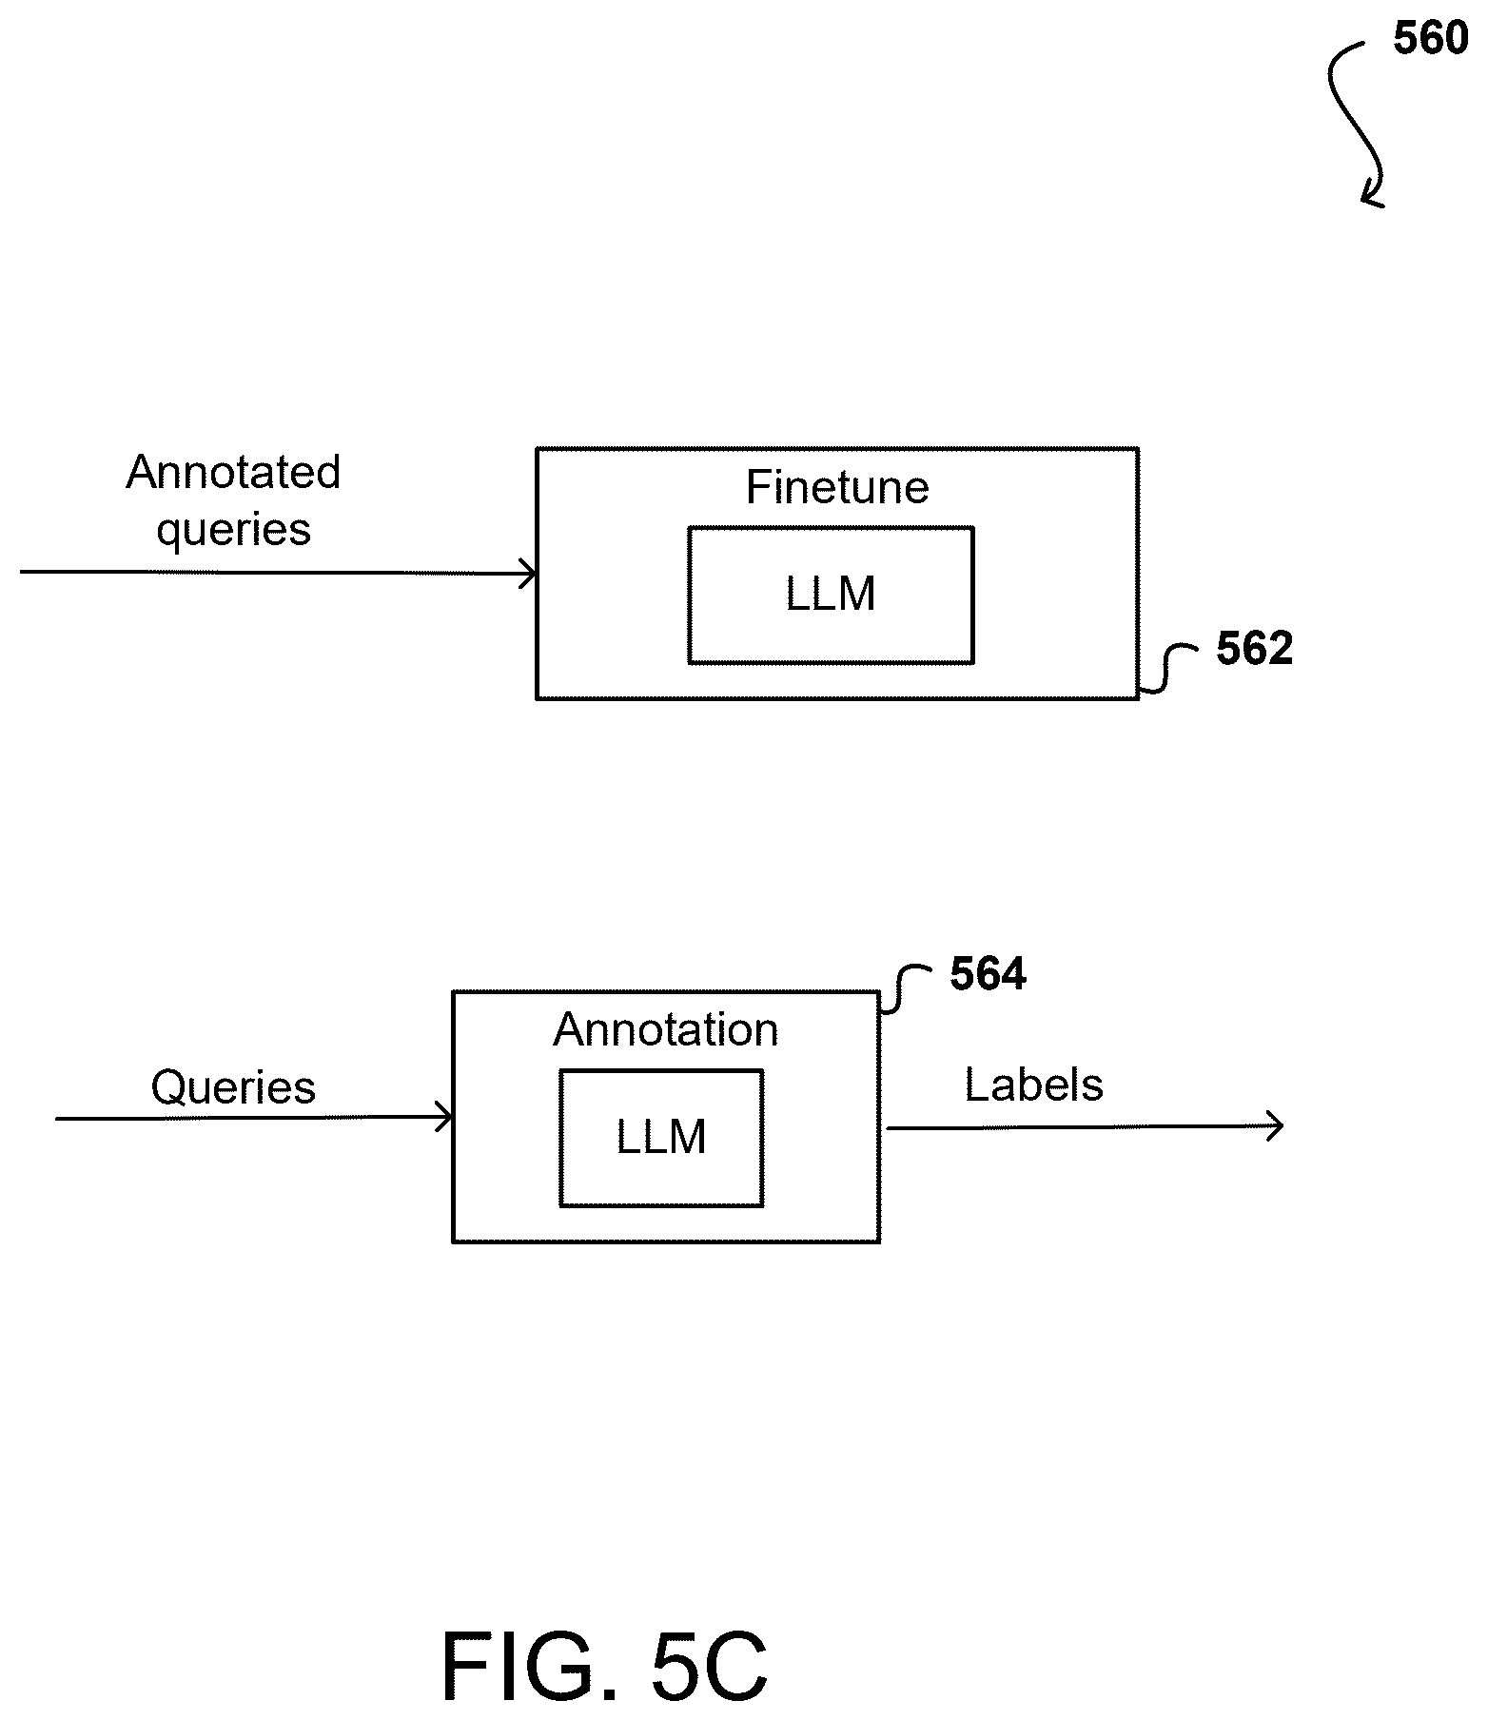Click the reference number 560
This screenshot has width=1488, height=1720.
pos(1431,39)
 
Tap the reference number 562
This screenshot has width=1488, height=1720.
pos(1255,649)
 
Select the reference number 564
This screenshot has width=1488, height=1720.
pos(989,974)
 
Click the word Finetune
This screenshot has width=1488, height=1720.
pos(837,487)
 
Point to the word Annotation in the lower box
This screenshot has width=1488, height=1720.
pos(666,1029)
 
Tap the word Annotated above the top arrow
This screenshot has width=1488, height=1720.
pos(233,472)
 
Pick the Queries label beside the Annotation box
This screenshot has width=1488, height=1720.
pos(233,1087)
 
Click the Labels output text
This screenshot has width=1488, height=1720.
pos(1034,1085)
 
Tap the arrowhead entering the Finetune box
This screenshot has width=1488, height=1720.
pos(528,573)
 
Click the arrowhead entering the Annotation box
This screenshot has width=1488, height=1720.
pos(444,1118)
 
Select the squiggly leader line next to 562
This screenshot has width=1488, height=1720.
pos(1168,669)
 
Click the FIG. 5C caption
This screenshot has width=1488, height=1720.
pos(604,1666)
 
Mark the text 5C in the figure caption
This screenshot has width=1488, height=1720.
pos(709,1666)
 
